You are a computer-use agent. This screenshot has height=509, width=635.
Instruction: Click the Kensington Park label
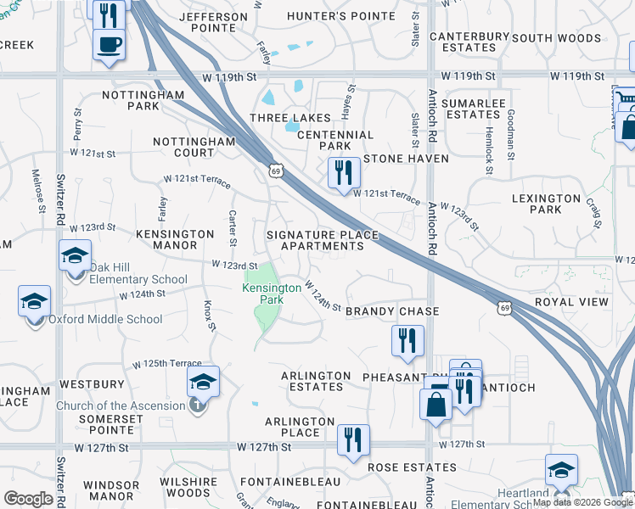[x=272, y=294]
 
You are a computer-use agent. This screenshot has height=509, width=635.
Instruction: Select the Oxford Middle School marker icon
[x=34, y=301]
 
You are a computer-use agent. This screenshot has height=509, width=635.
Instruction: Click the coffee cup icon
[x=109, y=43]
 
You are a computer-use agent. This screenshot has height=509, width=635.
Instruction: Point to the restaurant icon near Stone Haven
[x=344, y=172]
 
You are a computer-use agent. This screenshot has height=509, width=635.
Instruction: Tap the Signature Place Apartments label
[x=315, y=240]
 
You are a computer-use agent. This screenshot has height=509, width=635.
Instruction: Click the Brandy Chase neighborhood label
[x=392, y=311]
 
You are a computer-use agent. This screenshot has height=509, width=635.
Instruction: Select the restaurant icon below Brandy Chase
[x=407, y=340]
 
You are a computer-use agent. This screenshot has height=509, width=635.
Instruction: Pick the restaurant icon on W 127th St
[x=352, y=439]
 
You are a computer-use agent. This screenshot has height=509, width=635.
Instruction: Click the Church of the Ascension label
[x=120, y=406]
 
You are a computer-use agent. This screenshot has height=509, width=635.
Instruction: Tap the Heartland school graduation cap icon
[x=561, y=469]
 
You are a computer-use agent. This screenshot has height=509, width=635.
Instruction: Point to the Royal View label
[x=571, y=302]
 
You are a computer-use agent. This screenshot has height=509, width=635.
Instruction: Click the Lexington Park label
[x=548, y=204]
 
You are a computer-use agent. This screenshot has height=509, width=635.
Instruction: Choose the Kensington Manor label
[x=175, y=239]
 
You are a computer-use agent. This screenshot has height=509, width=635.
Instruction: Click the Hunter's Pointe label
[x=340, y=16]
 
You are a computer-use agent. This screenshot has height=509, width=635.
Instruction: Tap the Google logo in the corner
[x=28, y=499]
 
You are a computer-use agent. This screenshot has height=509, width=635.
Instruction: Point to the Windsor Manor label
[x=111, y=490]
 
